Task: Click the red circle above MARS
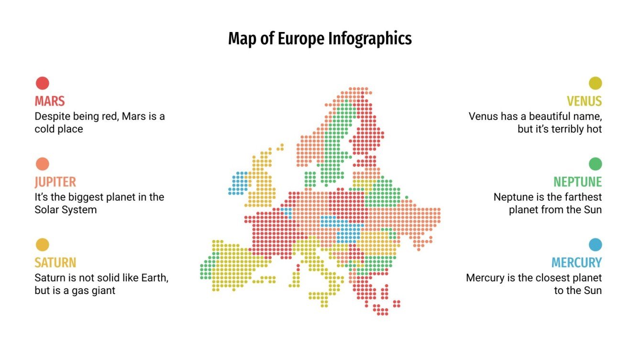click(x=42, y=83)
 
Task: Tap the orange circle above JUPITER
click(x=42, y=164)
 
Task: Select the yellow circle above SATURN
click(x=42, y=245)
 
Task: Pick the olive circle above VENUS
click(x=595, y=83)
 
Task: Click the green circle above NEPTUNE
click(x=595, y=164)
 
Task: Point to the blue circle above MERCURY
click(x=595, y=245)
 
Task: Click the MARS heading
click(x=49, y=101)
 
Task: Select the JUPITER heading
click(x=55, y=182)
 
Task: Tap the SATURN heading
click(x=55, y=263)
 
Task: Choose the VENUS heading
click(x=584, y=101)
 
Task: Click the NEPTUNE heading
click(x=577, y=182)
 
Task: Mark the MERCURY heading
click(x=576, y=263)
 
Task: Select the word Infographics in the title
click(x=370, y=39)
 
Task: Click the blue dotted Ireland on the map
click(x=238, y=183)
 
